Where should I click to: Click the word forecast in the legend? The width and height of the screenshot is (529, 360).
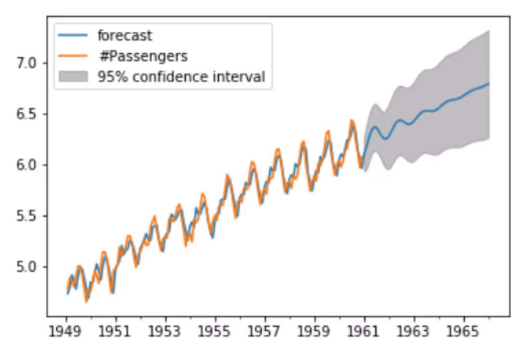[x=125, y=36]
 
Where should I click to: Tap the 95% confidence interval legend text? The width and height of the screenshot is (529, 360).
[x=181, y=77]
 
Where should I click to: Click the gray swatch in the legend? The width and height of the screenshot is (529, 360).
[x=73, y=77]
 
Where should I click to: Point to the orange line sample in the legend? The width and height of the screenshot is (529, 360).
[x=73, y=56]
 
